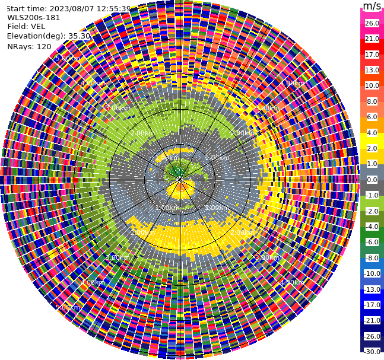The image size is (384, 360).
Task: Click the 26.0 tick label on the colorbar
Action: [372, 23]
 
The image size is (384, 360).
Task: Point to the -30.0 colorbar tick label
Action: [372, 352]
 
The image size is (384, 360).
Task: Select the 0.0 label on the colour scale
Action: [372, 180]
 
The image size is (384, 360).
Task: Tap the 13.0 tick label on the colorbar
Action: [372, 70]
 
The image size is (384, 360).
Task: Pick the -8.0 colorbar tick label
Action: [372, 258]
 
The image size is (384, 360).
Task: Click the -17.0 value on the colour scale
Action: [372, 305]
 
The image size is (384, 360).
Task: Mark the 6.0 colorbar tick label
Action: [372, 117]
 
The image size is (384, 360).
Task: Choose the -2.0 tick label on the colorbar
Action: [372, 211]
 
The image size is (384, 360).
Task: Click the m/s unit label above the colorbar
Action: [372, 7]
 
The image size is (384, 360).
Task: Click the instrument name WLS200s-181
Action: [34, 17]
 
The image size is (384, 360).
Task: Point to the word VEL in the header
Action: [37, 26]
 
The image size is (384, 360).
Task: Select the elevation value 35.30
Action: [79, 36]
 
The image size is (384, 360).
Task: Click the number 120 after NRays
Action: [44, 46]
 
